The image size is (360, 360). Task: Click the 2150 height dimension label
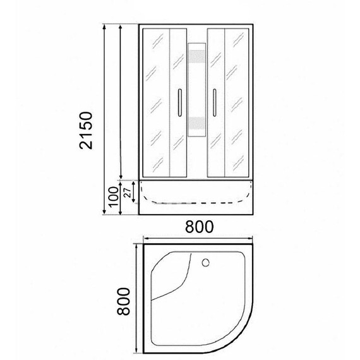coord(86,130)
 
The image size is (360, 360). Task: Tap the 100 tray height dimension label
coord(114,197)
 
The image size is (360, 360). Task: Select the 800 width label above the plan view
coord(200,227)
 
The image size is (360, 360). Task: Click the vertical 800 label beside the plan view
coord(123,301)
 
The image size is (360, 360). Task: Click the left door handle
coord(180,102)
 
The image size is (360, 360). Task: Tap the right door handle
coord(215,102)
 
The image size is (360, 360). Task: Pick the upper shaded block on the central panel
coord(197,56)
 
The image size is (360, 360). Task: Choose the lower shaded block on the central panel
coord(197,124)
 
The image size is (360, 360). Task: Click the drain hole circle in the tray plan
coord(206,263)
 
